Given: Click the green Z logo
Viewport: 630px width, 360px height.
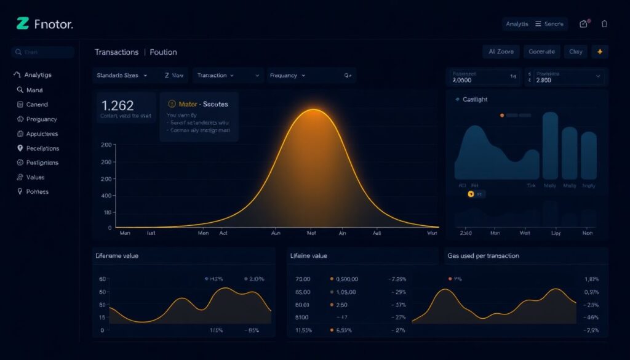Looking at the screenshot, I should [x=23, y=24].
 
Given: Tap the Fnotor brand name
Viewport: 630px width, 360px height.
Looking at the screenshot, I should [x=54, y=25].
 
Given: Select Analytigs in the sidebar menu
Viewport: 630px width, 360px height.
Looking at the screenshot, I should [x=38, y=74].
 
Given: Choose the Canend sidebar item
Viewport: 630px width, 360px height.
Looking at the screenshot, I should [x=36, y=105].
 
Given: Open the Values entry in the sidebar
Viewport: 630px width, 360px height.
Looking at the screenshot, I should [x=35, y=177].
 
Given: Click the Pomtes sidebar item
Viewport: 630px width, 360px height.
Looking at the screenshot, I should [x=37, y=192].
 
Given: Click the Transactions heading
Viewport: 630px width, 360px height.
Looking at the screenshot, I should [x=116, y=52].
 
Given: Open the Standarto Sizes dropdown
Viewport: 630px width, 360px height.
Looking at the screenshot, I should [x=122, y=76].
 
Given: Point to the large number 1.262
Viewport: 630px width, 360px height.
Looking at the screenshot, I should [x=118, y=105].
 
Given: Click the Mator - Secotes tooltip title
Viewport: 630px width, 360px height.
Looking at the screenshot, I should [x=202, y=104].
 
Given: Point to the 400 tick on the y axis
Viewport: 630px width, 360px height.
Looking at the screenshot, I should [x=106, y=195].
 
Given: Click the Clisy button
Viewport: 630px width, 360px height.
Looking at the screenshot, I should [x=575, y=52].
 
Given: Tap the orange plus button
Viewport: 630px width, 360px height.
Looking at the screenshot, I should [x=599, y=52].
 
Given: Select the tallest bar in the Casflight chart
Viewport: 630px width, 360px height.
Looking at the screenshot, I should [x=550, y=145].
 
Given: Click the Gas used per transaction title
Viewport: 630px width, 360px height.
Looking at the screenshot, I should [x=483, y=255].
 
